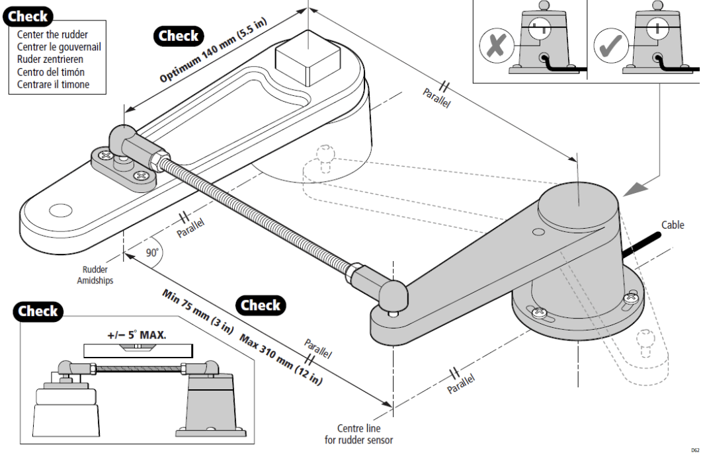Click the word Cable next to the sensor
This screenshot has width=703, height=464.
coord(673,225)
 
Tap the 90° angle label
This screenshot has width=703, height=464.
coord(153,252)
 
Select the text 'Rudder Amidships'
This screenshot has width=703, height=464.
coord(95,274)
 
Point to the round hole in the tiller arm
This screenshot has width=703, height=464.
coord(60,211)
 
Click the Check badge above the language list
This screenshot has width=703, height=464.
coord(28,16)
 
